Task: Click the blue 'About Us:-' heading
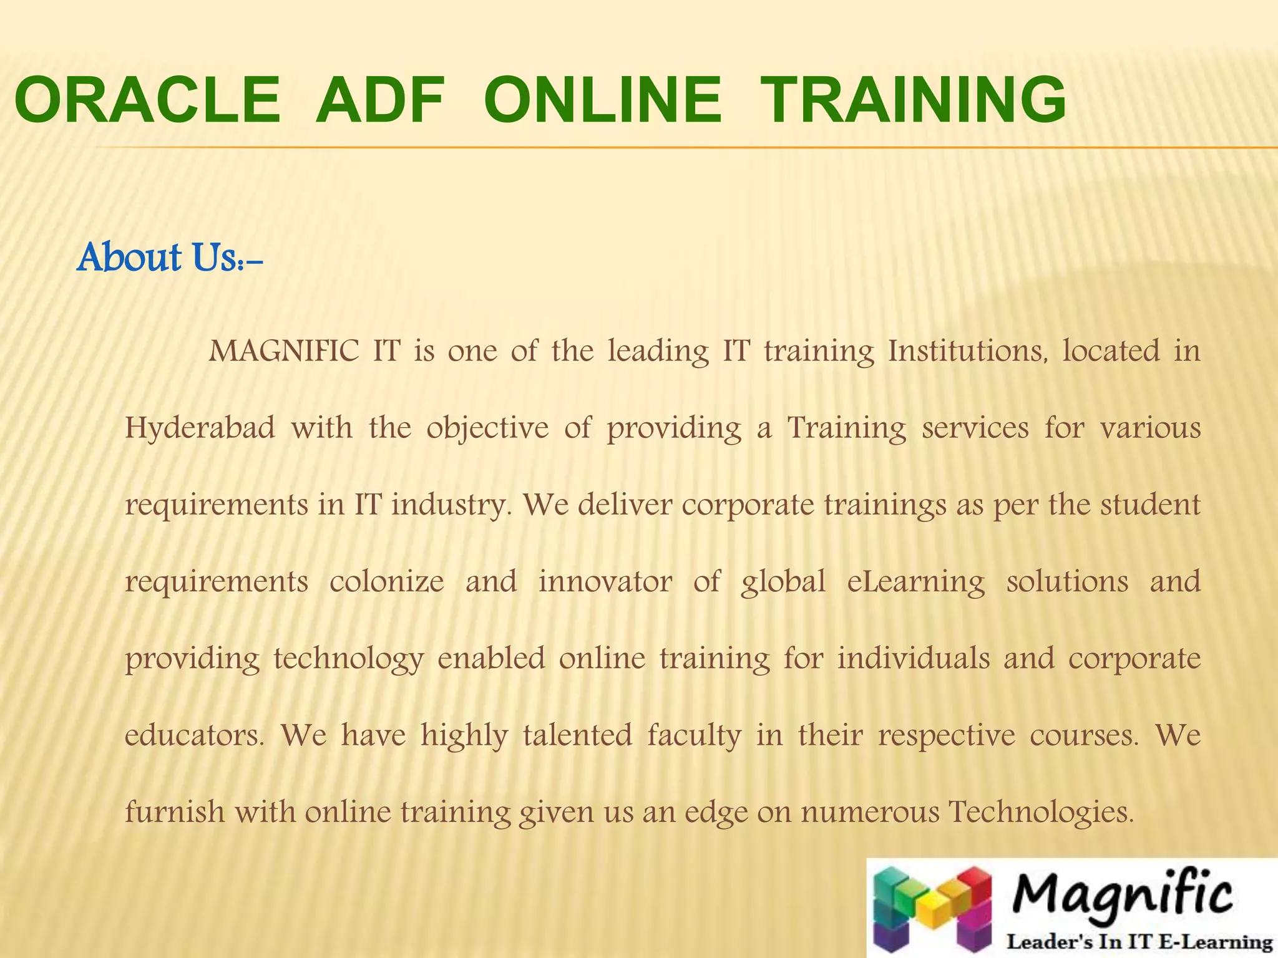(x=170, y=258)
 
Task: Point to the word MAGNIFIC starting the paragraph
(x=285, y=351)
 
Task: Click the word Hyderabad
(x=200, y=428)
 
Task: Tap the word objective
(x=487, y=428)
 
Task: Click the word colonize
(x=387, y=582)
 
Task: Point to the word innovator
(x=605, y=582)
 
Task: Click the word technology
(x=349, y=660)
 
